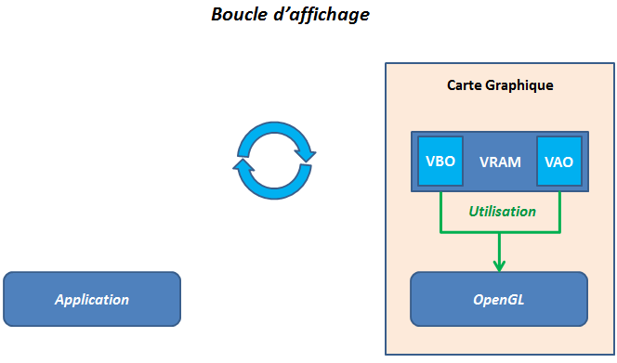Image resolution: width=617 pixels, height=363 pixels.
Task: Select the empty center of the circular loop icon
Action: tap(274, 161)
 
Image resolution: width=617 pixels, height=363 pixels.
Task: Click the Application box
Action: tap(91, 299)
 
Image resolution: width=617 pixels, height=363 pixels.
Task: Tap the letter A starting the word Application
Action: tap(59, 299)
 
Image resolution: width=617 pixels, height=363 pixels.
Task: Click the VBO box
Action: tap(440, 161)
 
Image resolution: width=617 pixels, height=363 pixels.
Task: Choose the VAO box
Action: tap(558, 161)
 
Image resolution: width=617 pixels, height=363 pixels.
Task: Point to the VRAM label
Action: tap(500, 162)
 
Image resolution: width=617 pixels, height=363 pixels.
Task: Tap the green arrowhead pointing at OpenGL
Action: tap(500, 265)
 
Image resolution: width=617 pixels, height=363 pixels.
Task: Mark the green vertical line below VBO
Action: tap(440, 209)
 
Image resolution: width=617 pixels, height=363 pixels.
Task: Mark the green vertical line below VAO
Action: tap(560, 209)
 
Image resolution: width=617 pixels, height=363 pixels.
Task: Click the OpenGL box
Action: tap(499, 299)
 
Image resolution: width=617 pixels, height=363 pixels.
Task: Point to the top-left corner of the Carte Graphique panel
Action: tap(386, 63)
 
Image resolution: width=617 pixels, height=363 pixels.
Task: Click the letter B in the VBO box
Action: tap(440, 161)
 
